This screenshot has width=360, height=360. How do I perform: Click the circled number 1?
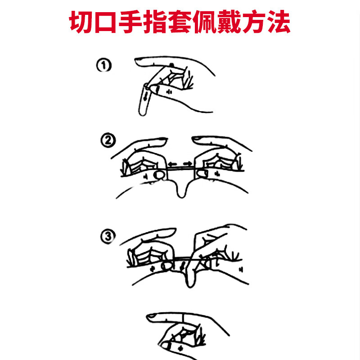(x=104, y=66)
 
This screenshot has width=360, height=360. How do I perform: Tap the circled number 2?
(x=108, y=141)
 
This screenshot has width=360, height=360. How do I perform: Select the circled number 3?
(x=108, y=236)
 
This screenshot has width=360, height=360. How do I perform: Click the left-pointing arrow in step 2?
(x=174, y=164)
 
